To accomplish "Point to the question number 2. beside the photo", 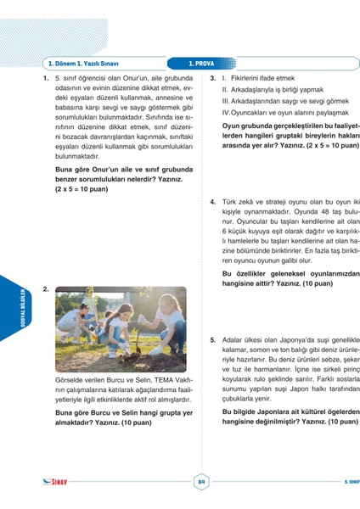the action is pos(45,290).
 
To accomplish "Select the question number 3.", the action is pos(213,77).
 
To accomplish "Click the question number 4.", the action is pos(213,202).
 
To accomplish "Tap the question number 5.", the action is pos(213,340).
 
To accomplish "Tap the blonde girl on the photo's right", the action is pos(166,321).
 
